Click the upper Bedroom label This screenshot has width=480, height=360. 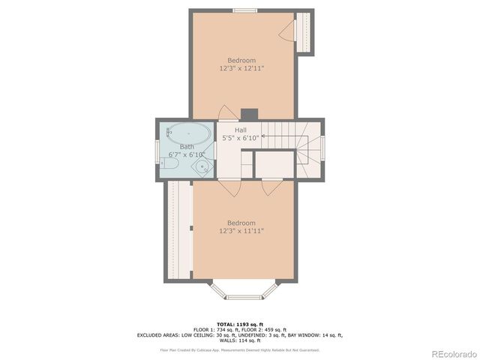pyautogui.click(x=241, y=60)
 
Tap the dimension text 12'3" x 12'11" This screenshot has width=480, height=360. pyautogui.click(x=241, y=68)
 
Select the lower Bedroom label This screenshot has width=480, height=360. pyautogui.click(x=241, y=223)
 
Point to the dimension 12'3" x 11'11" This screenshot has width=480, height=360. pyautogui.click(x=241, y=231)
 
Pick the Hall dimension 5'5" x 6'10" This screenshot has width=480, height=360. pyautogui.click(x=241, y=138)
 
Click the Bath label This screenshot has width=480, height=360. pyautogui.click(x=186, y=147)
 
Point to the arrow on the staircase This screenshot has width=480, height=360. pyautogui.click(x=262, y=136)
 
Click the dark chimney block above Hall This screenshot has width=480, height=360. pyautogui.click(x=249, y=114)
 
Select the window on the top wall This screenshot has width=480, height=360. pyautogui.click(x=244, y=10)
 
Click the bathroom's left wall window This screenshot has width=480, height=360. pyautogui.click(x=157, y=148)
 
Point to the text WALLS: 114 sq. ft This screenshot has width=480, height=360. pyautogui.click(x=241, y=341)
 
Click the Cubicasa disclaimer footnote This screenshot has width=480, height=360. pyautogui.click(x=241, y=349)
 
